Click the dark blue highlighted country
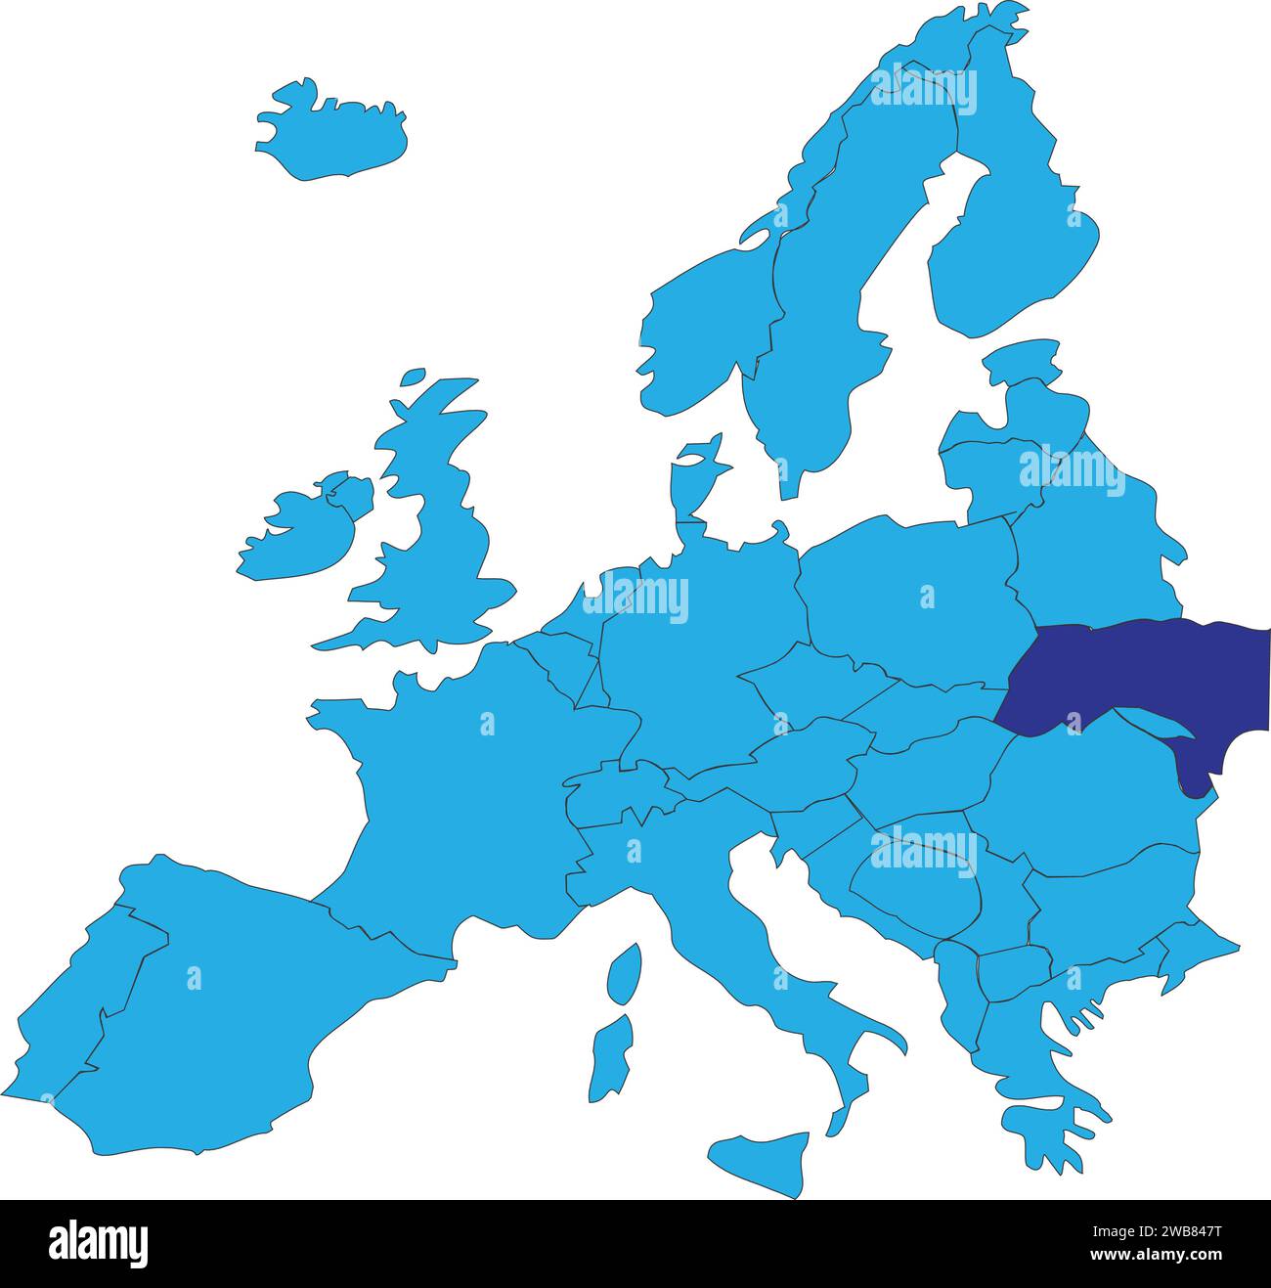click(x=1134, y=675)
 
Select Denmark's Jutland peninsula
click(x=692, y=489)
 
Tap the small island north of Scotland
click(x=413, y=376)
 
